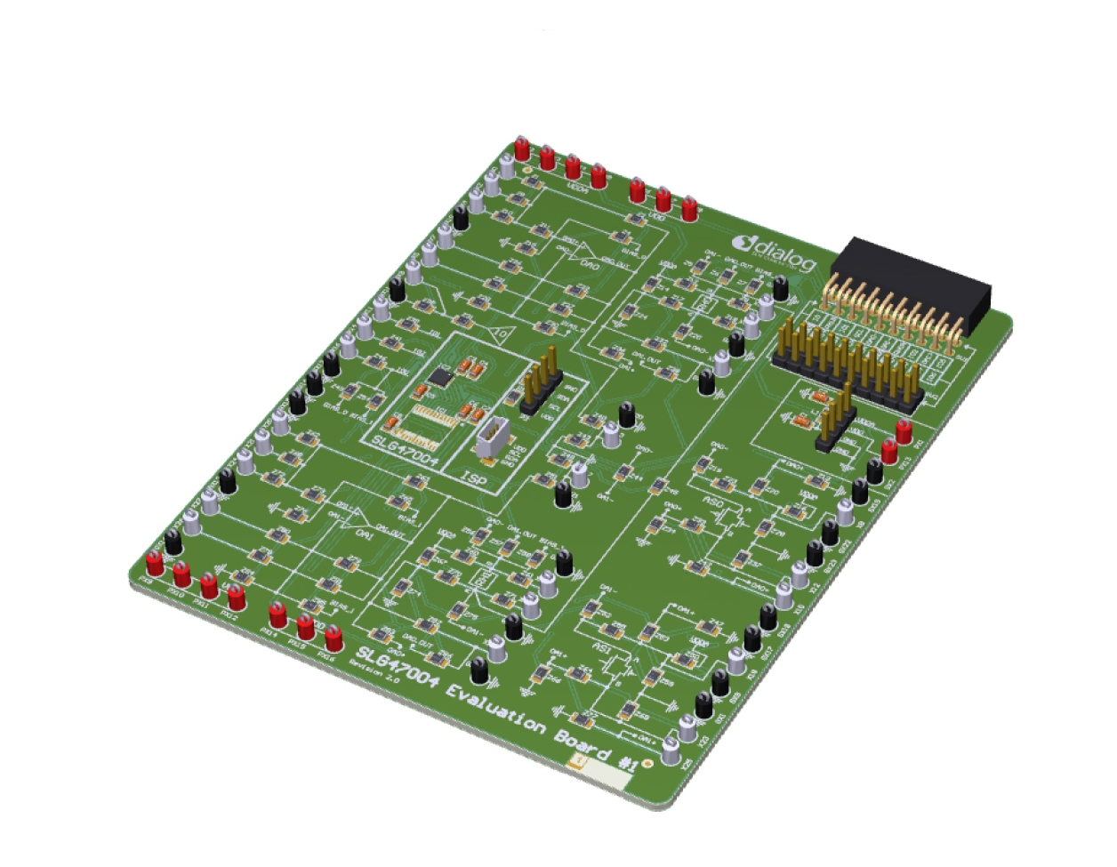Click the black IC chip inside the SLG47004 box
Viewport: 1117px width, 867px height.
pyautogui.click(x=439, y=377)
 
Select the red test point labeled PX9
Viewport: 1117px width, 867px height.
pyautogui.click(x=155, y=563)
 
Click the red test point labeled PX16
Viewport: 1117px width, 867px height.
pyautogui.click(x=333, y=639)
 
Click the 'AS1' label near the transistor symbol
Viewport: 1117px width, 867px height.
pyautogui.click(x=603, y=652)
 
